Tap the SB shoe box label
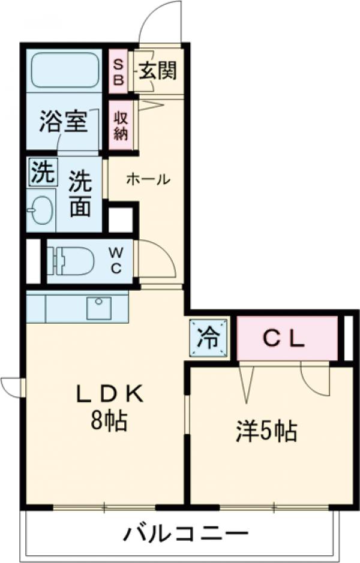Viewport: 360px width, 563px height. (118, 71)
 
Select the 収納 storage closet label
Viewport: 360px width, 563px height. (119, 125)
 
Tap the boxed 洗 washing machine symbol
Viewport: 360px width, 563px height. (41, 173)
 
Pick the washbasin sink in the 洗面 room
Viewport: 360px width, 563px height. (41, 210)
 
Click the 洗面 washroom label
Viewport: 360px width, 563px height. (79, 194)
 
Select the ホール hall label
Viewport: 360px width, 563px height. (148, 179)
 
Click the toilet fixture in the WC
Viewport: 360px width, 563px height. (71, 261)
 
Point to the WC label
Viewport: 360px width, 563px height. (115, 261)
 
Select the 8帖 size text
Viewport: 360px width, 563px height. (109, 422)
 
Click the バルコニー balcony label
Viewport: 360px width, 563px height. (186, 532)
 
